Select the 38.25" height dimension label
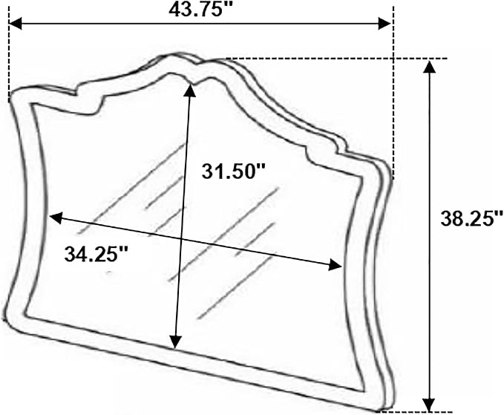coord(471,219)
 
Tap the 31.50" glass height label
coord(233,171)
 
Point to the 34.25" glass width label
coord(96,254)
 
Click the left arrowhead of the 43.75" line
coord(15,24)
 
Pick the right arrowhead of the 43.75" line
coord(384,24)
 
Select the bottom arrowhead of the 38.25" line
coord(428,404)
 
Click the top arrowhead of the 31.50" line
coord(190,90)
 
